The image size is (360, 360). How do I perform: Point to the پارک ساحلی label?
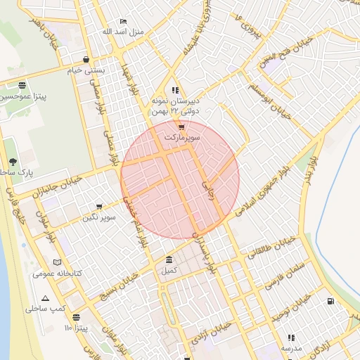pos(13,172)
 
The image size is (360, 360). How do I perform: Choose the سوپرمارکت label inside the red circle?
pos(182,138)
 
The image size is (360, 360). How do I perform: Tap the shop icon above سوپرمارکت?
pos(182,128)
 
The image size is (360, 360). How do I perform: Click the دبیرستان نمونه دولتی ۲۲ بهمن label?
pos(175,106)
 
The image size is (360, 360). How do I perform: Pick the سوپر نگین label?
pos(98,217)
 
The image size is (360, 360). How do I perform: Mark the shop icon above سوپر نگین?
pos(98,207)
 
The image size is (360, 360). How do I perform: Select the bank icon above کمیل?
pos(169,259)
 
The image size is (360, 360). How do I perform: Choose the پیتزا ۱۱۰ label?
pos(76,328)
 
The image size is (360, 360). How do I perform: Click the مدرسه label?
pos(291,348)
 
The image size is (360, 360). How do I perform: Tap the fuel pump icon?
pos(330,302)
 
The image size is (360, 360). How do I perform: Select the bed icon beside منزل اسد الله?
pos(124,22)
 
